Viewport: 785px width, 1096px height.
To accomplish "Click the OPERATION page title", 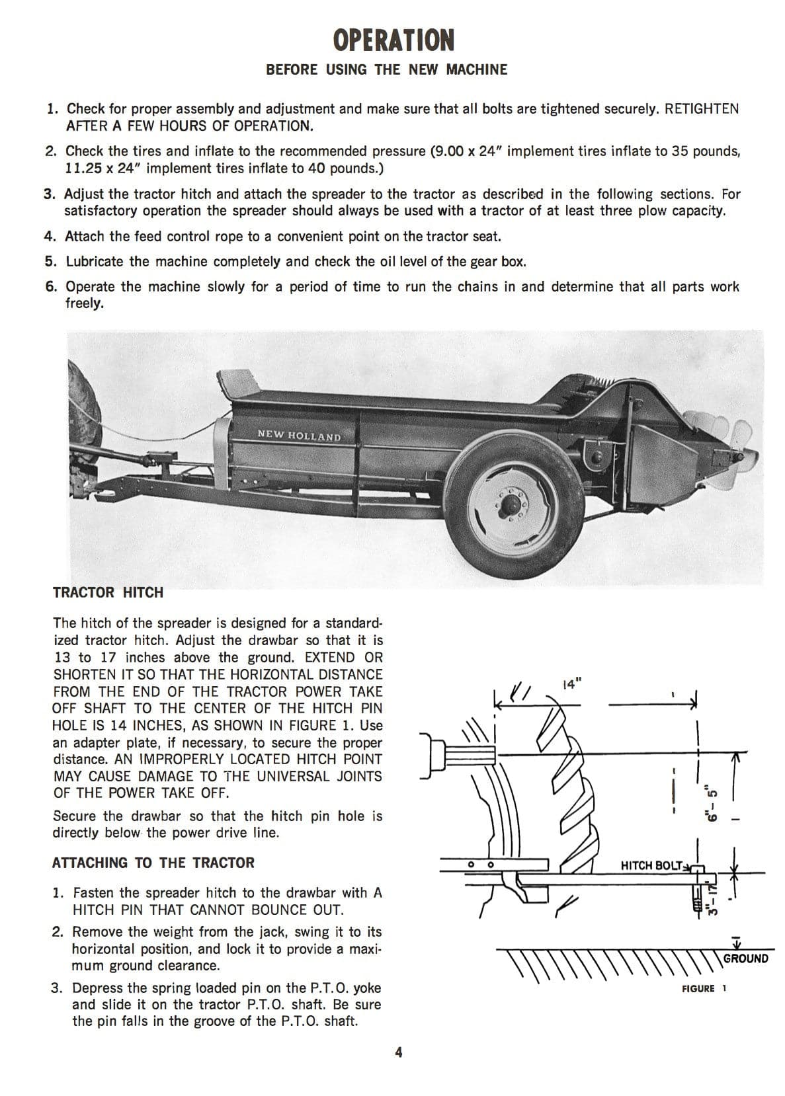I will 393,40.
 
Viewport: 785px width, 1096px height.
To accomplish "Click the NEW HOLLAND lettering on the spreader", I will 299,436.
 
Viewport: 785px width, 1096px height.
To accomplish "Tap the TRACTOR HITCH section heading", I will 108,592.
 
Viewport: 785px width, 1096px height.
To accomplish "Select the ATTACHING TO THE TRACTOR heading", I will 153,863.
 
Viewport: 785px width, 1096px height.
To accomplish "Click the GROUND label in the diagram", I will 745,959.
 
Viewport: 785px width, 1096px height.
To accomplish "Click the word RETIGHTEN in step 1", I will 702,109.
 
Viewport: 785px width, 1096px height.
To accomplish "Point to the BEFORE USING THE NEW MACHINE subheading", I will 386,70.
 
